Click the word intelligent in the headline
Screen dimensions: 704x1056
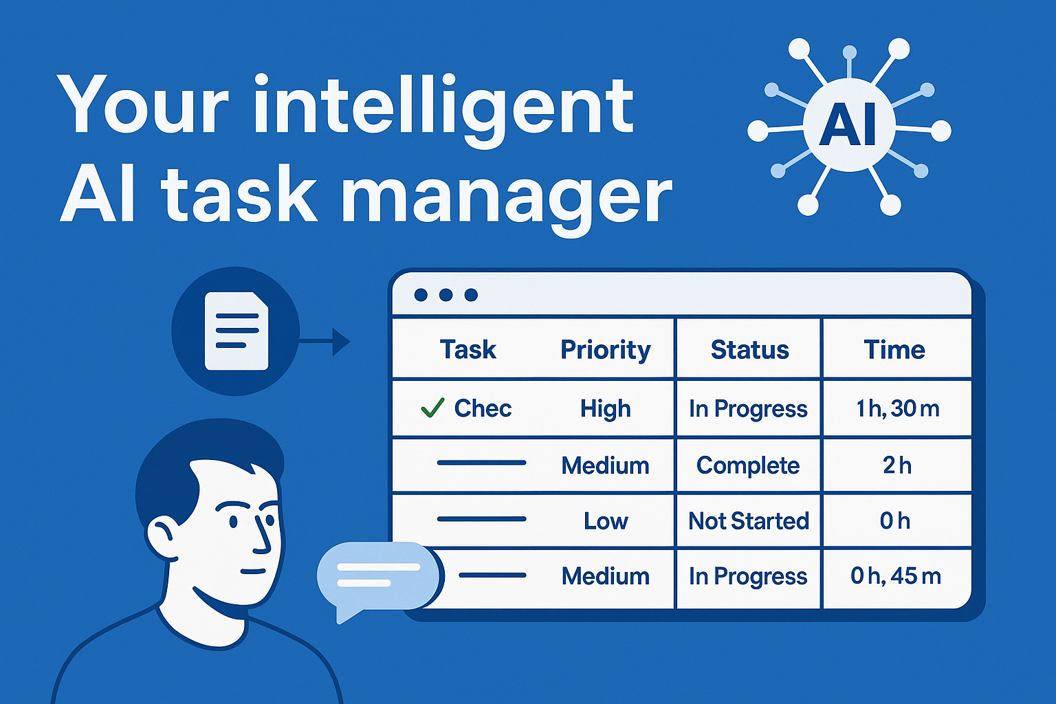point(443,107)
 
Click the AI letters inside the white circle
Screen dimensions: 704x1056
point(849,126)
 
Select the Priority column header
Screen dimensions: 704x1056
point(605,350)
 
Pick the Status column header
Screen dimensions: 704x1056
point(749,350)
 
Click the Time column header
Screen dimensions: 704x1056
point(894,350)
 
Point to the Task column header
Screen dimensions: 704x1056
point(467,350)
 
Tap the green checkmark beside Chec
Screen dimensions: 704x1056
point(432,408)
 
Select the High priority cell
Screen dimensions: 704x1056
point(605,409)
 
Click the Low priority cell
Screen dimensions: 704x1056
point(606,521)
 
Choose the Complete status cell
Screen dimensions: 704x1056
point(748,465)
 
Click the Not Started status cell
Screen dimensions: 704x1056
point(749,521)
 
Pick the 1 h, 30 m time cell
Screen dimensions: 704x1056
point(897,409)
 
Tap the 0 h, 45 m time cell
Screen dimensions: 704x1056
point(896,576)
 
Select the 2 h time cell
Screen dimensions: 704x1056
point(897,465)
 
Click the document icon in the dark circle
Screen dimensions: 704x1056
point(236,331)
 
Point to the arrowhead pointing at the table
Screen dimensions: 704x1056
point(341,341)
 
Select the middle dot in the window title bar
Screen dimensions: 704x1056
point(445,295)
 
